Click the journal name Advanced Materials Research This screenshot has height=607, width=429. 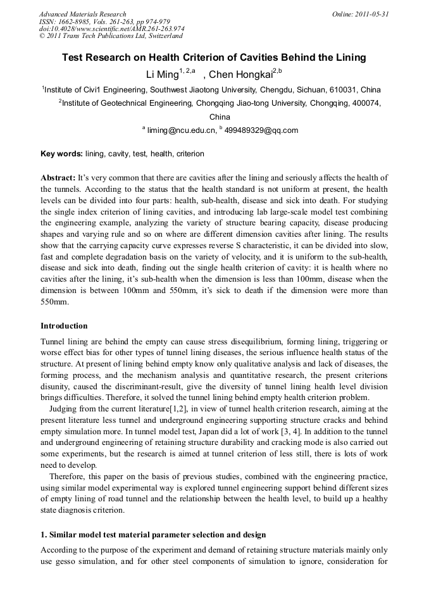(82, 14)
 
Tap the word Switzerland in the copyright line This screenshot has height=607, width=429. (161, 36)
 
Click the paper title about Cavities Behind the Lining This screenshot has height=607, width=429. (214, 58)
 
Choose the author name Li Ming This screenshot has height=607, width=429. (162, 75)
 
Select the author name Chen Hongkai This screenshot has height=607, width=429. (244, 75)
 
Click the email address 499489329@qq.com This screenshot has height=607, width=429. (261, 130)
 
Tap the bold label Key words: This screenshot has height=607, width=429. (61, 154)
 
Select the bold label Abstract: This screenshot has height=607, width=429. (58, 178)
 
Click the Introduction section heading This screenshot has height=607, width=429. (64, 326)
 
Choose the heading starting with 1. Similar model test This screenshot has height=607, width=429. (153, 535)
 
